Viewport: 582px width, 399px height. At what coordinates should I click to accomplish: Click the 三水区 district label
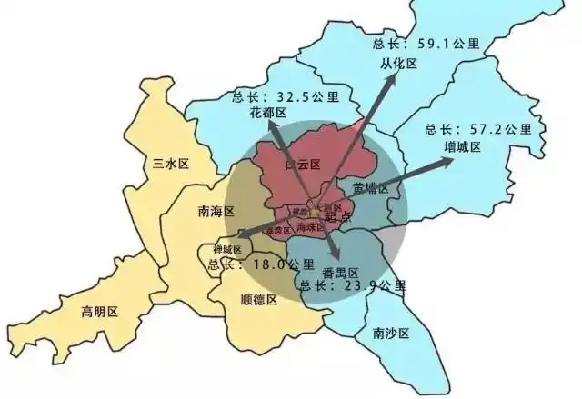pos(170,164)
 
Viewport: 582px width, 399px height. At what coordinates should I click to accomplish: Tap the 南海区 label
pos(216,211)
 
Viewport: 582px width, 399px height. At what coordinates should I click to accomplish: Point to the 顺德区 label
pos(258,299)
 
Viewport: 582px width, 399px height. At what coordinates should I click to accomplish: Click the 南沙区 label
pos(391,334)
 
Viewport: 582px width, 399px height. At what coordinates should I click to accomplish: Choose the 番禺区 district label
pos(341,271)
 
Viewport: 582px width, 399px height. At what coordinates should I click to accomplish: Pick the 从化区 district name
pos(398,64)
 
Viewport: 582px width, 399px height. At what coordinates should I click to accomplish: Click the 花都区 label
pos(267,113)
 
